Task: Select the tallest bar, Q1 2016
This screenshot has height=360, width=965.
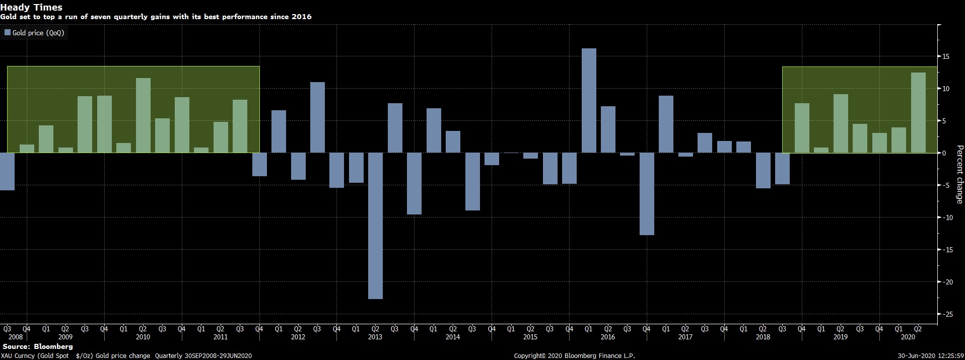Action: pos(589,100)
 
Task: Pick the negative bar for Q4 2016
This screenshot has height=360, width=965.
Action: pos(647,193)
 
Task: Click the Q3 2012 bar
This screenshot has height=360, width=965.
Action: pos(317,117)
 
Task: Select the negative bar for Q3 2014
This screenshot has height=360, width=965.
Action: pos(472,181)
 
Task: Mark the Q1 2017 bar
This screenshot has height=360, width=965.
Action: pos(666,124)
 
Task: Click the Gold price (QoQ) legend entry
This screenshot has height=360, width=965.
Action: pos(34,33)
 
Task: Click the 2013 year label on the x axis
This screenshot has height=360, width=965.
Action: pos(375,337)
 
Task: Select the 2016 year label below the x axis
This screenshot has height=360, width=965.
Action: pos(608,337)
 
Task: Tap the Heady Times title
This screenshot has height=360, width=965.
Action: pos(31,7)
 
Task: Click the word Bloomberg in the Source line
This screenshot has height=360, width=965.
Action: pos(53,347)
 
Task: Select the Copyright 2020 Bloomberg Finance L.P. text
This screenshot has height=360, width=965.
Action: pos(574,356)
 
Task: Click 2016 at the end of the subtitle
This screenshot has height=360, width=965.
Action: pos(302,17)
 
